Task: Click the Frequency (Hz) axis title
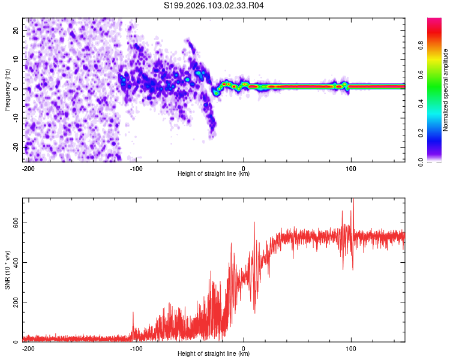7,89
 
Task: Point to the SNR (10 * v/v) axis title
7,270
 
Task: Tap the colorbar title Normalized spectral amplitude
445,90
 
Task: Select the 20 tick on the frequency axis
16,30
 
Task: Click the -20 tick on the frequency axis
15,147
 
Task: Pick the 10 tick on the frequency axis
16,59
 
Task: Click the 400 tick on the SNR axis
14,262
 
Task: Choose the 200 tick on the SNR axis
14,302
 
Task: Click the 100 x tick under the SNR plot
351,349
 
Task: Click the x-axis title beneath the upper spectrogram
214,174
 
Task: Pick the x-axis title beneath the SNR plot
214,354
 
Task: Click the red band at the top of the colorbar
434,22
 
